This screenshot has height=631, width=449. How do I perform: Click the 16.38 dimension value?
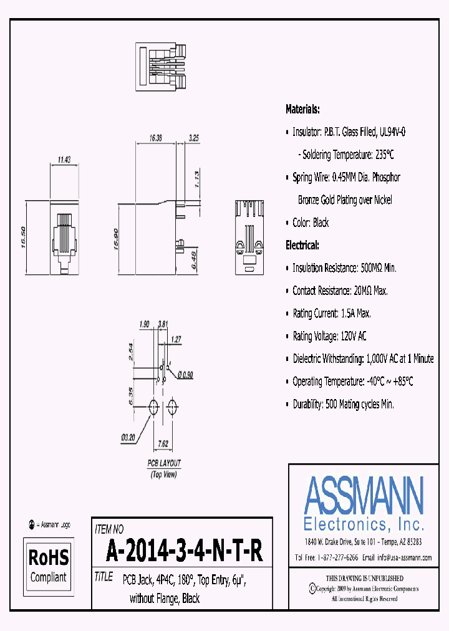coord(155,138)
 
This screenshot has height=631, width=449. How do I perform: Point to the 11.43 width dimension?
coord(63,160)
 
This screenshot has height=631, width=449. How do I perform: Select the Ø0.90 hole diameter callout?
coord(185,375)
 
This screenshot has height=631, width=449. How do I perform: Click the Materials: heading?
coord(302,109)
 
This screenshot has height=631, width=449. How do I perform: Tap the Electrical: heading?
coord(302,245)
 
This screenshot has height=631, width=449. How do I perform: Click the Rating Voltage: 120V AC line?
coord(329,336)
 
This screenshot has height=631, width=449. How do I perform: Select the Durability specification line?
coord(343,404)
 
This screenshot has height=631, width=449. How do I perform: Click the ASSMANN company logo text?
coord(364,495)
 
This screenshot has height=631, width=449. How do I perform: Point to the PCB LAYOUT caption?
coord(164,463)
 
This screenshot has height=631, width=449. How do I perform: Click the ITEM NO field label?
coord(109,529)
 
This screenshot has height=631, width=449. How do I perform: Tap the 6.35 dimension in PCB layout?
coord(128,395)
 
